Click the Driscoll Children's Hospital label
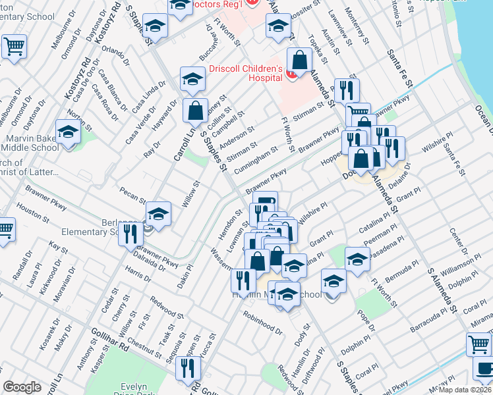pyautogui.click(x=246, y=74)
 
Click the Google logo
pyautogui.click(x=22, y=387)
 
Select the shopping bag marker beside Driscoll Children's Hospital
pyautogui.click(x=299, y=61)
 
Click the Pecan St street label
pyautogui.click(x=132, y=195)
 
